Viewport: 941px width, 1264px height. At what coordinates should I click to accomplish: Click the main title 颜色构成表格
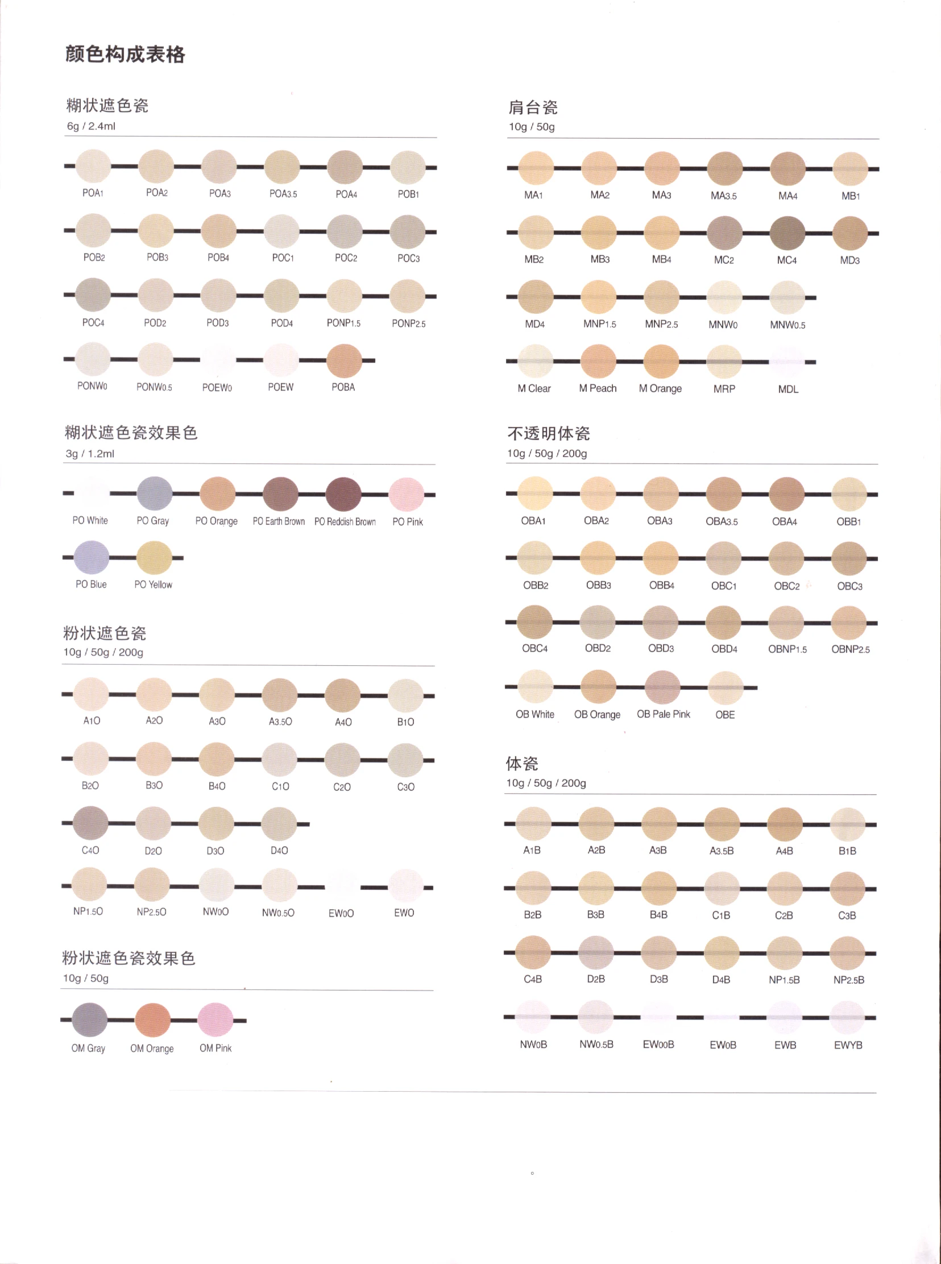pos(125,55)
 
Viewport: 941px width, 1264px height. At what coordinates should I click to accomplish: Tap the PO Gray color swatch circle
pos(154,494)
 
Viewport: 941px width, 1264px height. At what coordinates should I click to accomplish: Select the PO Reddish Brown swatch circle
pos(343,494)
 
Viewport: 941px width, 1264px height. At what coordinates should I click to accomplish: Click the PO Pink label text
pos(407,522)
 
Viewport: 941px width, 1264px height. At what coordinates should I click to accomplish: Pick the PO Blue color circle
pos(91,557)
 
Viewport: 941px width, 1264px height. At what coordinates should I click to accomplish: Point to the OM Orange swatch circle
pos(152,1020)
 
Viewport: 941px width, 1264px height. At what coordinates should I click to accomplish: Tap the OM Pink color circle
pos(215,1020)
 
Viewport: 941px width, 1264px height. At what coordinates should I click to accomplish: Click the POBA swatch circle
pos(344,360)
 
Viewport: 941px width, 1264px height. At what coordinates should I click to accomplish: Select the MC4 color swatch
pos(787,234)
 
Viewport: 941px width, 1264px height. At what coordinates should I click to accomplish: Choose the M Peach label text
pos(598,388)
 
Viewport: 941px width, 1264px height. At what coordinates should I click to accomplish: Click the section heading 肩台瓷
pos(533,107)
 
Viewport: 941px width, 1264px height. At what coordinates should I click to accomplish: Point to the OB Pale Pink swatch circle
pos(662,687)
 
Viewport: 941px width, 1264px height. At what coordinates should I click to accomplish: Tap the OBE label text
pos(724,715)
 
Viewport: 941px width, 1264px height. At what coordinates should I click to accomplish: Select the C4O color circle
pos(90,823)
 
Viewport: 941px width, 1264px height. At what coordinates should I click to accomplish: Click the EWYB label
pos(848,1045)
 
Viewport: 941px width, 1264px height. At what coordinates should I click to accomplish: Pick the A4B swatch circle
pos(785,824)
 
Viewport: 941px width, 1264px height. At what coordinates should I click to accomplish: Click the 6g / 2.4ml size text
pos(91,126)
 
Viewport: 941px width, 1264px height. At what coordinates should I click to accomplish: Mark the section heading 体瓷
pos(522,763)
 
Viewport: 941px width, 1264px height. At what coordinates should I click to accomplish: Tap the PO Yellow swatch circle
pos(154,558)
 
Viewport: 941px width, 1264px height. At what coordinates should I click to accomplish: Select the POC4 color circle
pos(93,295)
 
